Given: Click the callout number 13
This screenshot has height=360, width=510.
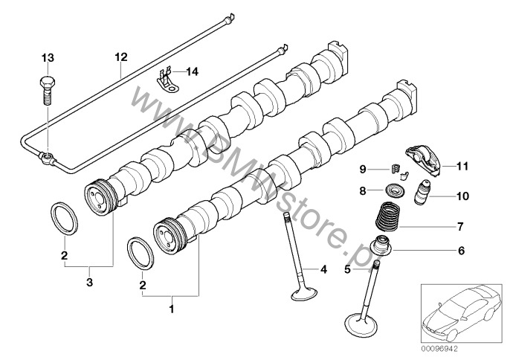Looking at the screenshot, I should click(48, 57).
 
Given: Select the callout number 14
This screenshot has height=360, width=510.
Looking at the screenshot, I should click(193, 71).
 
